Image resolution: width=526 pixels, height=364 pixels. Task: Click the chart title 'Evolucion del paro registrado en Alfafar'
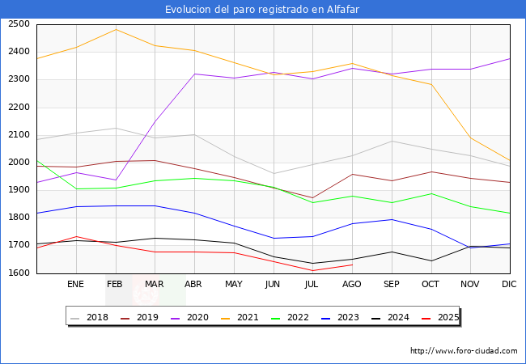(x=262, y=10)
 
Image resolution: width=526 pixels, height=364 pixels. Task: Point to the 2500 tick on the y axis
(x=19, y=24)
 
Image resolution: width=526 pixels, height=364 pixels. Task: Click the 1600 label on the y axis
(x=19, y=273)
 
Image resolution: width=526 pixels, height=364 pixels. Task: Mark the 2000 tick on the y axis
(x=19, y=163)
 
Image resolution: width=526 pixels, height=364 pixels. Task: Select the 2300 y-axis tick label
(x=19, y=79)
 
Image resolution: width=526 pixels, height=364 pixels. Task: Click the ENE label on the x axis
(x=75, y=285)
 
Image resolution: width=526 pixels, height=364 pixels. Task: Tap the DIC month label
(x=509, y=285)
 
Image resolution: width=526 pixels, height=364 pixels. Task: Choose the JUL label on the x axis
(x=312, y=285)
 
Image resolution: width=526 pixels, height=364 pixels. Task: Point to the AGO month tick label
(x=352, y=285)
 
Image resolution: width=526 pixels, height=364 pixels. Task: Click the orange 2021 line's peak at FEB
(x=115, y=30)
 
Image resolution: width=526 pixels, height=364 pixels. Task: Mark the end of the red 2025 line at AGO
(x=352, y=265)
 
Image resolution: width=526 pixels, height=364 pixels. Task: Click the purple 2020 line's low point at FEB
(x=115, y=180)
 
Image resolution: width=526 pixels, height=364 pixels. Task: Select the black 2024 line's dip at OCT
(x=431, y=260)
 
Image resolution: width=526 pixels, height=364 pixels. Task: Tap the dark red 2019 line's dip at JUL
(x=312, y=198)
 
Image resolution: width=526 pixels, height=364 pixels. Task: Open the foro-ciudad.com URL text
(x=464, y=351)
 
